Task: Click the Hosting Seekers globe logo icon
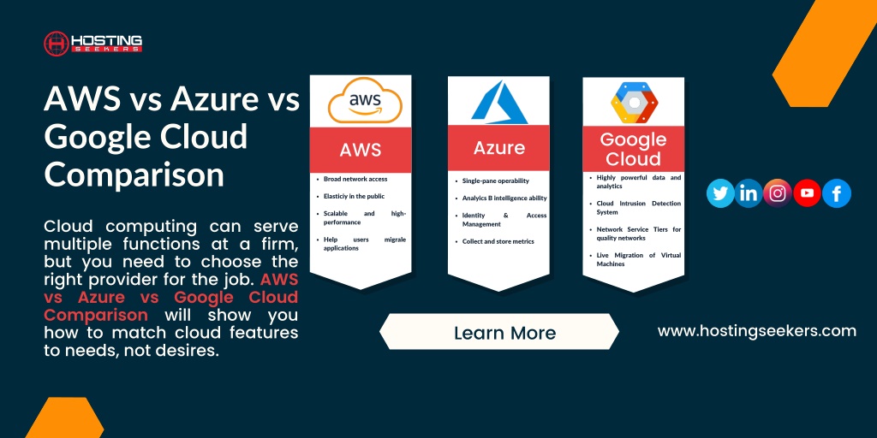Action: (x=57, y=43)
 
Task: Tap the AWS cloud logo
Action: (x=365, y=101)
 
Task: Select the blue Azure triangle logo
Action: (x=499, y=103)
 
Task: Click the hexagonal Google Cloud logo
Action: (x=634, y=103)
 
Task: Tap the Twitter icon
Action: (x=720, y=193)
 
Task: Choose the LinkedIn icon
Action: (x=749, y=193)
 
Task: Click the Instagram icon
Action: (x=778, y=193)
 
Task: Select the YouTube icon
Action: (x=807, y=193)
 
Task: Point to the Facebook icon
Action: (x=837, y=193)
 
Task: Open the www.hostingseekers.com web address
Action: (x=757, y=331)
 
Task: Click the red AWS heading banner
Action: (x=361, y=150)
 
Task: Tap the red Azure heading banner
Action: (x=499, y=148)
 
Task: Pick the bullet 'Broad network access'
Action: (x=355, y=180)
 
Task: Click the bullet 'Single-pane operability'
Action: (x=492, y=181)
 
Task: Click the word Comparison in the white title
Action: (x=134, y=174)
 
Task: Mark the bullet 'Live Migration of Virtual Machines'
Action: (x=635, y=259)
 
